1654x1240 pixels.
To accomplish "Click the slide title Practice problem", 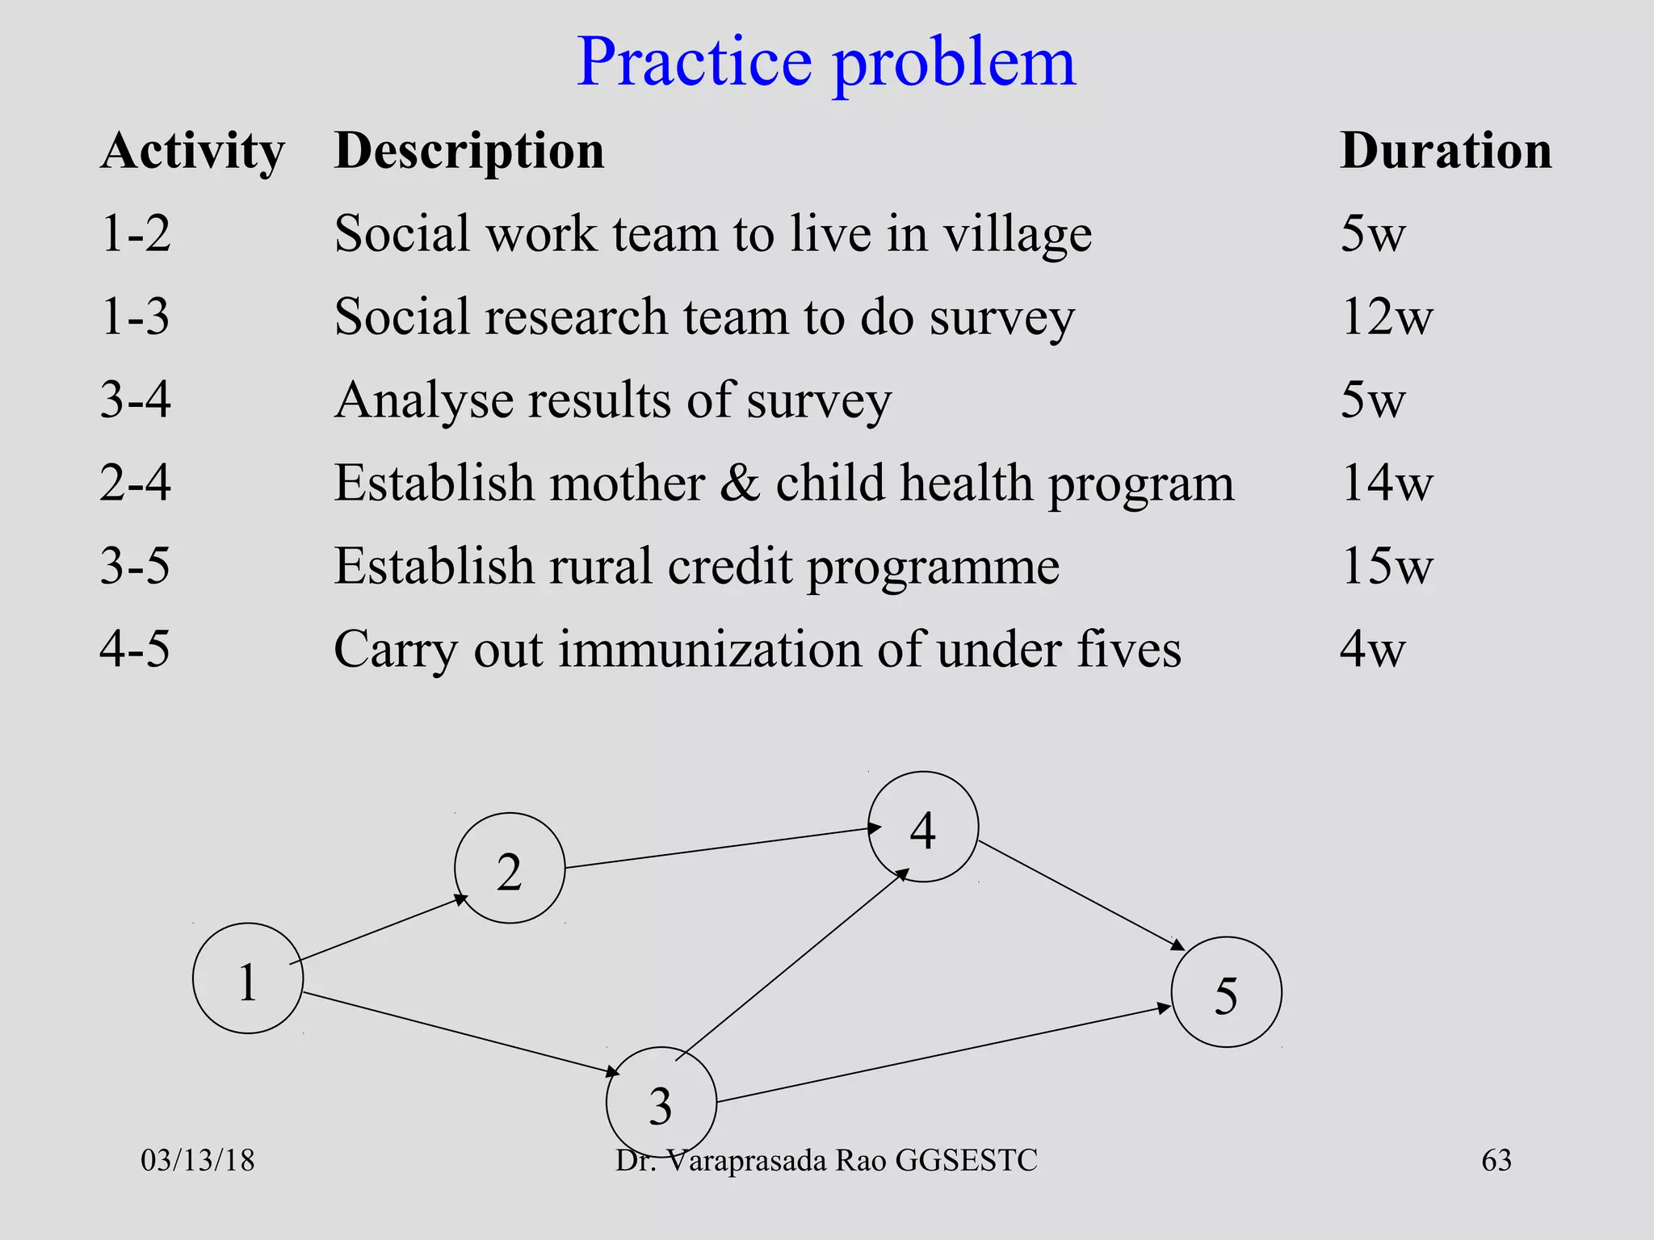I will pos(826,63).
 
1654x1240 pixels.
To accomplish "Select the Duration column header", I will pos(1446,151).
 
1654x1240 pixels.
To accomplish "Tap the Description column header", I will pos(469,151).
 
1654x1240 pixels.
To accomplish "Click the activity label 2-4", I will pos(135,483).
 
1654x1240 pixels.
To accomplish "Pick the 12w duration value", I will pos(1386,316).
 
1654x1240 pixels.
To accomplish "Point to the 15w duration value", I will pos(1386,566).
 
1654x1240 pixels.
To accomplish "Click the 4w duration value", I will pos(1372,649).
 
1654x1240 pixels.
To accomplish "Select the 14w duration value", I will pos(1386,483).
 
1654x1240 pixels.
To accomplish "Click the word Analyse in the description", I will pos(424,400).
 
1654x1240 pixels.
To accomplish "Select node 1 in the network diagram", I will pos(248,978).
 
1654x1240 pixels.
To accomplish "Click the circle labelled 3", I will pos(661,1103).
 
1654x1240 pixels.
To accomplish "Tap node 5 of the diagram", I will pos(1226,992).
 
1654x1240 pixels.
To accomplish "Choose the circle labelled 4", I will pos(923,827).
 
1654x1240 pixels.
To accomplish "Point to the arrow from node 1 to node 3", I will pos(460,1033).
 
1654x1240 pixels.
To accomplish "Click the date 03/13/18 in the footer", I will pos(198,1161).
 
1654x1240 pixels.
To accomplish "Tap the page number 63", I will pos(1496,1161).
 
